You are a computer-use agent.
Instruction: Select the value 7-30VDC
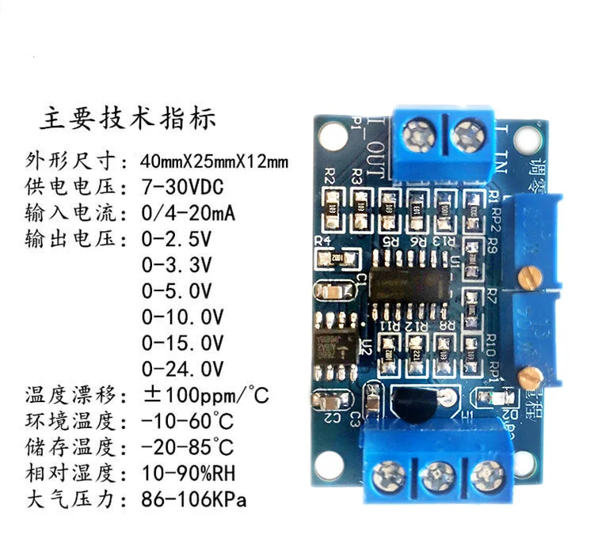(181, 187)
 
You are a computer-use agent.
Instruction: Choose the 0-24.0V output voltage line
(182, 368)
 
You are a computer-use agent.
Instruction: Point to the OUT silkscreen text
(378, 151)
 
